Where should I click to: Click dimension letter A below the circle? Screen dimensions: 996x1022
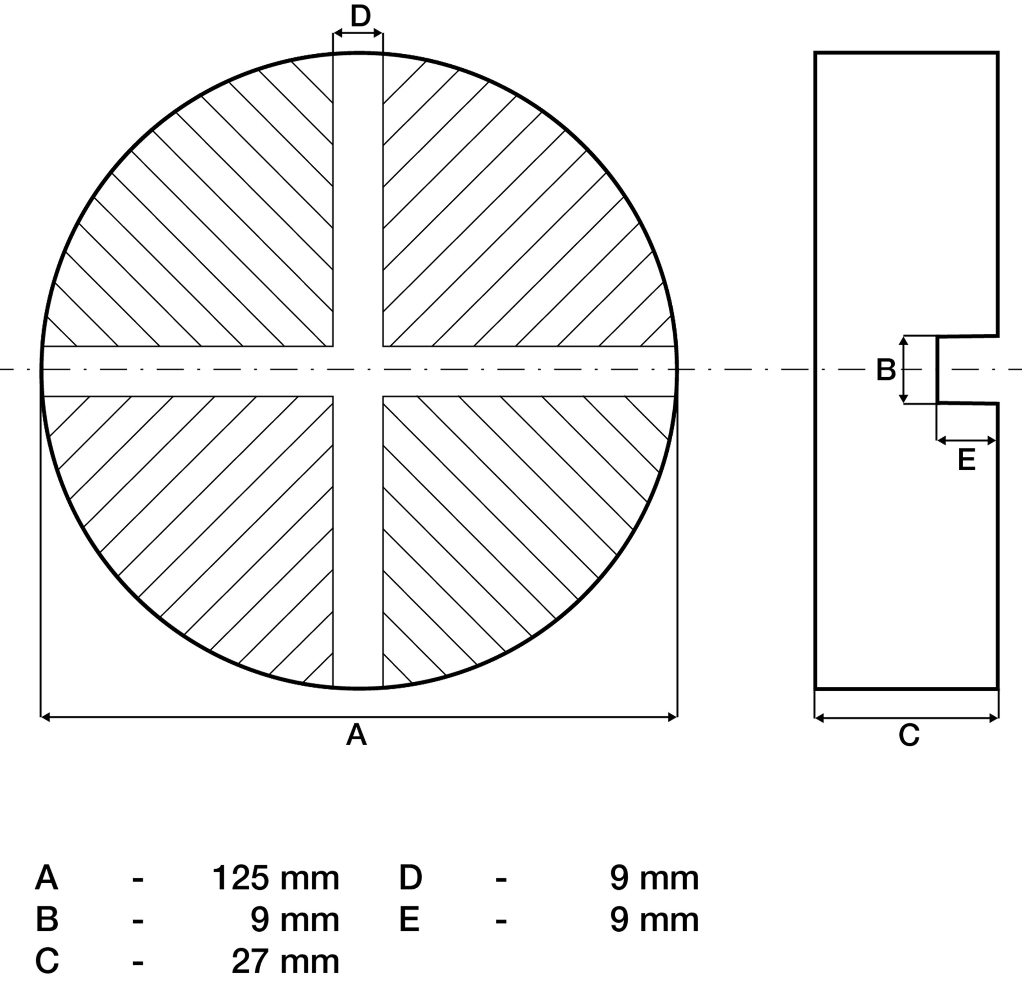[x=357, y=735]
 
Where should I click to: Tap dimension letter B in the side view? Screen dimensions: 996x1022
[x=886, y=370]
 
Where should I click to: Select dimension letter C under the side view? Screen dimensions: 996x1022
[x=909, y=735]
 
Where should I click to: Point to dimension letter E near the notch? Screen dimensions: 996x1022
[x=967, y=461]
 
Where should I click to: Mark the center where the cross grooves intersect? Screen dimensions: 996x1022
[x=358, y=371]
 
